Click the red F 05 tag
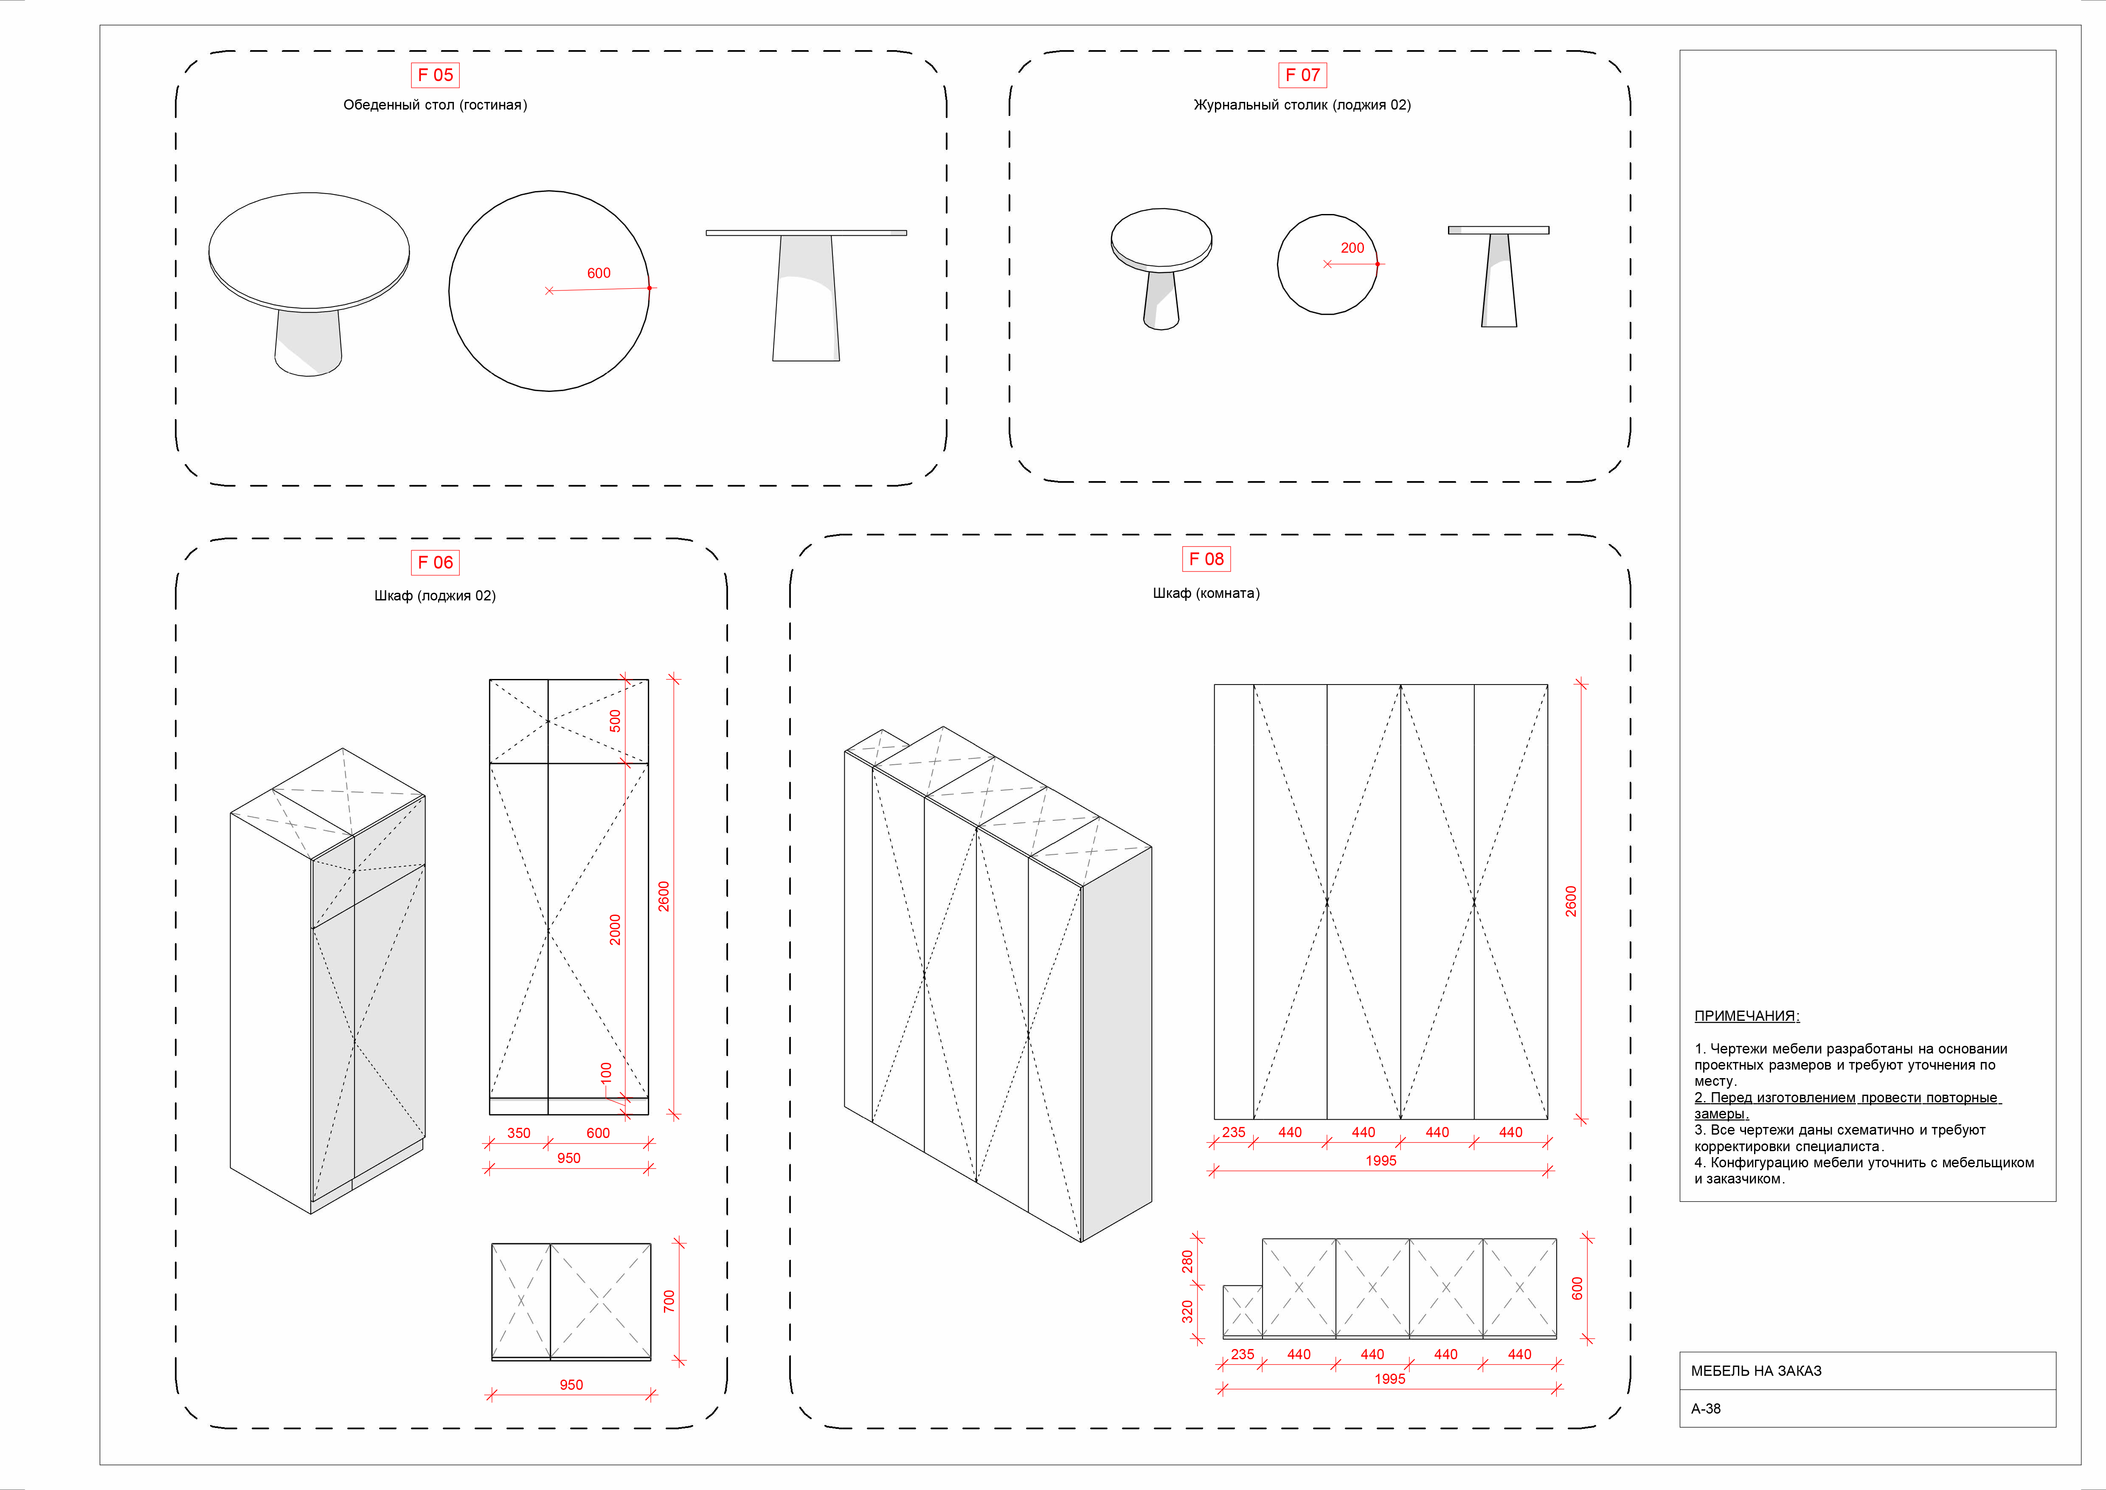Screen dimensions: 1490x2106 435,75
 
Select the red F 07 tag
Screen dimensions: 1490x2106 1302,75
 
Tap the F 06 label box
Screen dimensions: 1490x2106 435,563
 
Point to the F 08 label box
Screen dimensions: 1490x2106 1206,559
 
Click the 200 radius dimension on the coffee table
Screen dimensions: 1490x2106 1352,248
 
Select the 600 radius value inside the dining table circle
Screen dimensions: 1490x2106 598,273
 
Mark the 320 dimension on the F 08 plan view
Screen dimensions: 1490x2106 1187,1312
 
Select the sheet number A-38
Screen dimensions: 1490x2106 1706,1408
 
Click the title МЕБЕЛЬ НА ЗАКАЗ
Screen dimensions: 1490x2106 1756,1371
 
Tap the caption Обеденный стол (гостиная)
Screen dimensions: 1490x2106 435,104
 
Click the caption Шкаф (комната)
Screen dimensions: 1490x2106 1206,594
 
